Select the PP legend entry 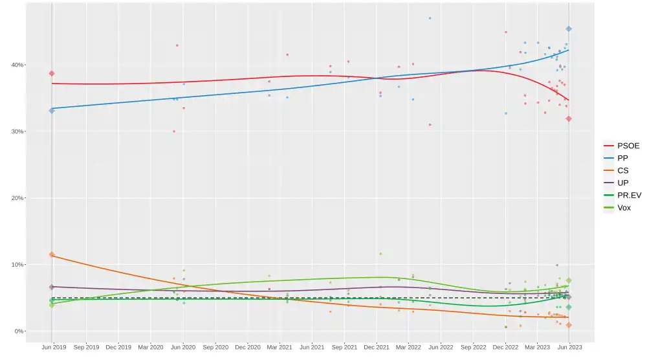click(x=622, y=159)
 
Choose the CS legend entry click(x=622, y=171)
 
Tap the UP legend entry click(x=622, y=183)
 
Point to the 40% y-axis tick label click(x=16, y=65)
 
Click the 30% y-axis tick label click(x=16, y=131)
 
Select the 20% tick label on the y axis click(x=16, y=198)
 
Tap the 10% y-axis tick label click(x=16, y=265)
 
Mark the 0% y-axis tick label click(x=17, y=332)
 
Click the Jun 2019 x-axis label click(x=53, y=348)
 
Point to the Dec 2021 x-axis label click(x=377, y=348)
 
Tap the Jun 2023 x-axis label click(x=569, y=348)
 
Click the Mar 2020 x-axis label click(x=150, y=348)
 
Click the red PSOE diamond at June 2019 click(x=52, y=73)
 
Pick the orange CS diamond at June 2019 click(x=52, y=254)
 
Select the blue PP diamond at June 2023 click(x=569, y=29)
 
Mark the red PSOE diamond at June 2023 click(x=569, y=118)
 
